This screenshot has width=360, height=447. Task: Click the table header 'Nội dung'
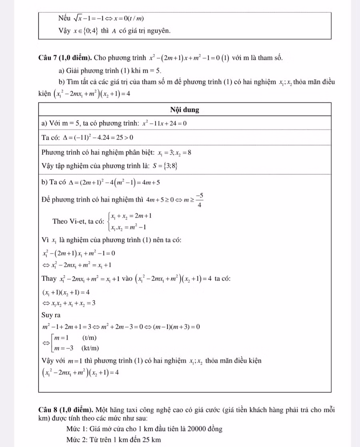[x=185, y=110]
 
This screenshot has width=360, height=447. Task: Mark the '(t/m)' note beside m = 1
[x=89, y=338]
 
